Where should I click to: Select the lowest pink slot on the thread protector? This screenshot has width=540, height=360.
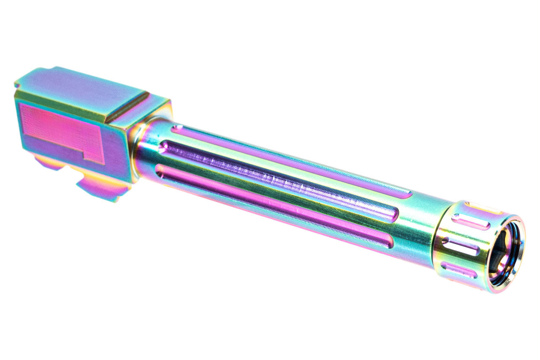[x=458, y=270]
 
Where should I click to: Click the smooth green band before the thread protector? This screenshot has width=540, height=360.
[x=418, y=228]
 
